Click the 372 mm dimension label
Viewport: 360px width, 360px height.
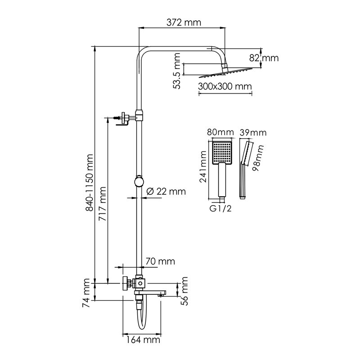184,22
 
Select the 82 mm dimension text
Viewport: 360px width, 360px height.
264,58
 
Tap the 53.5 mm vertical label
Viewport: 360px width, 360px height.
177,71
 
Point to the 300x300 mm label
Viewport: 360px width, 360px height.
225,86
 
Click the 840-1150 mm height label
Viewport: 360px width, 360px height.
89,183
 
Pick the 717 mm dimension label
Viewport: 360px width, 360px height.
102,204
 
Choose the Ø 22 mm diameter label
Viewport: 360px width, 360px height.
166,191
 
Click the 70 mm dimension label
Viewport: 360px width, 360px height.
160,261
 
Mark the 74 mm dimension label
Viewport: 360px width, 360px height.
86,293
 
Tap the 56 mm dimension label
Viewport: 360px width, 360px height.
184,291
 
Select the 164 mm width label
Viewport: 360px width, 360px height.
143,340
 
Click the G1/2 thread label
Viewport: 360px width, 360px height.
220,208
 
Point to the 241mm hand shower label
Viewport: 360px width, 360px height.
203,166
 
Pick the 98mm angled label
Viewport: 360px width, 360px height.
257,158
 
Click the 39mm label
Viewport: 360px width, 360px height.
253,133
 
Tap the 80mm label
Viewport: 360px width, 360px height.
220,132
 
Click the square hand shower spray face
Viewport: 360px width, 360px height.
222,152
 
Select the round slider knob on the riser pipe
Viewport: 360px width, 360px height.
139,181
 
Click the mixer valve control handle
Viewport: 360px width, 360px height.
126,283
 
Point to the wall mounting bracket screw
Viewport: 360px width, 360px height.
117,118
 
